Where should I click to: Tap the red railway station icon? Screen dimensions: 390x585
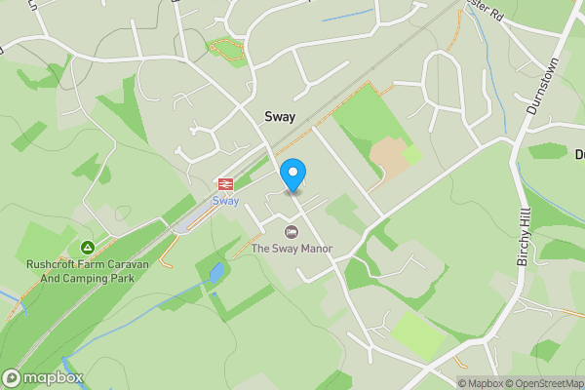(x=225, y=183)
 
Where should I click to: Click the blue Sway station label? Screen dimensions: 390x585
(x=225, y=201)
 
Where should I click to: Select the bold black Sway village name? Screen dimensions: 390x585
(x=280, y=116)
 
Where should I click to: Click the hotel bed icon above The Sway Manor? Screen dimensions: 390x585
(x=291, y=232)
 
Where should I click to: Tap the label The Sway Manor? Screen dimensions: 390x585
(x=292, y=249)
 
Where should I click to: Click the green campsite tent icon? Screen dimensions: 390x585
(x=88, y=249)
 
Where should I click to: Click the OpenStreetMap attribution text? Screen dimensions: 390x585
(x=543, y=383)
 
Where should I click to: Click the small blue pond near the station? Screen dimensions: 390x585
(x=215, y=274)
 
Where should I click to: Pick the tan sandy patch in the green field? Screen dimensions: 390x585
(x=387, y=156)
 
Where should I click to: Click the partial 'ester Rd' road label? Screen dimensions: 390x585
(x=485, y=15)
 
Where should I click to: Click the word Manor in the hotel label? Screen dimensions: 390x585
(x=315, y=249)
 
